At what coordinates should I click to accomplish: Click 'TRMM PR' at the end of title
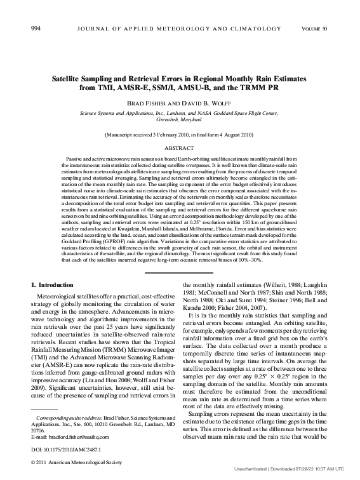(275, 89)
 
